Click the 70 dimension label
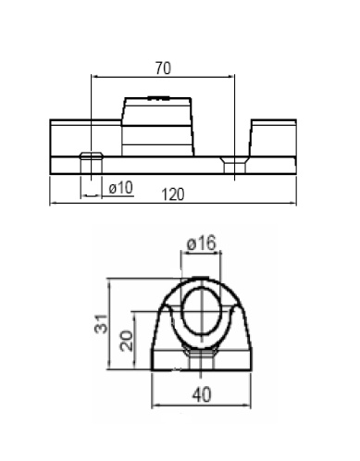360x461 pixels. coord(163,69)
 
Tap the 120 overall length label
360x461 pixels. coord(173,194)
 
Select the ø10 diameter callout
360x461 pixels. coord(121,187)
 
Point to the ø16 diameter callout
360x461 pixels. coord(202,243)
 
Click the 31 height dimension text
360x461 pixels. coord(101,324)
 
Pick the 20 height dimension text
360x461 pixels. coord(126,341)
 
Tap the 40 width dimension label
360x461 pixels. coord(202,394)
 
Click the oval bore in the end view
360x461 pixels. coord(201,311)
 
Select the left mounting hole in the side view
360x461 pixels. coord(91,163)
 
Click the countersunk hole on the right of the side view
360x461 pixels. coord(234,165)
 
